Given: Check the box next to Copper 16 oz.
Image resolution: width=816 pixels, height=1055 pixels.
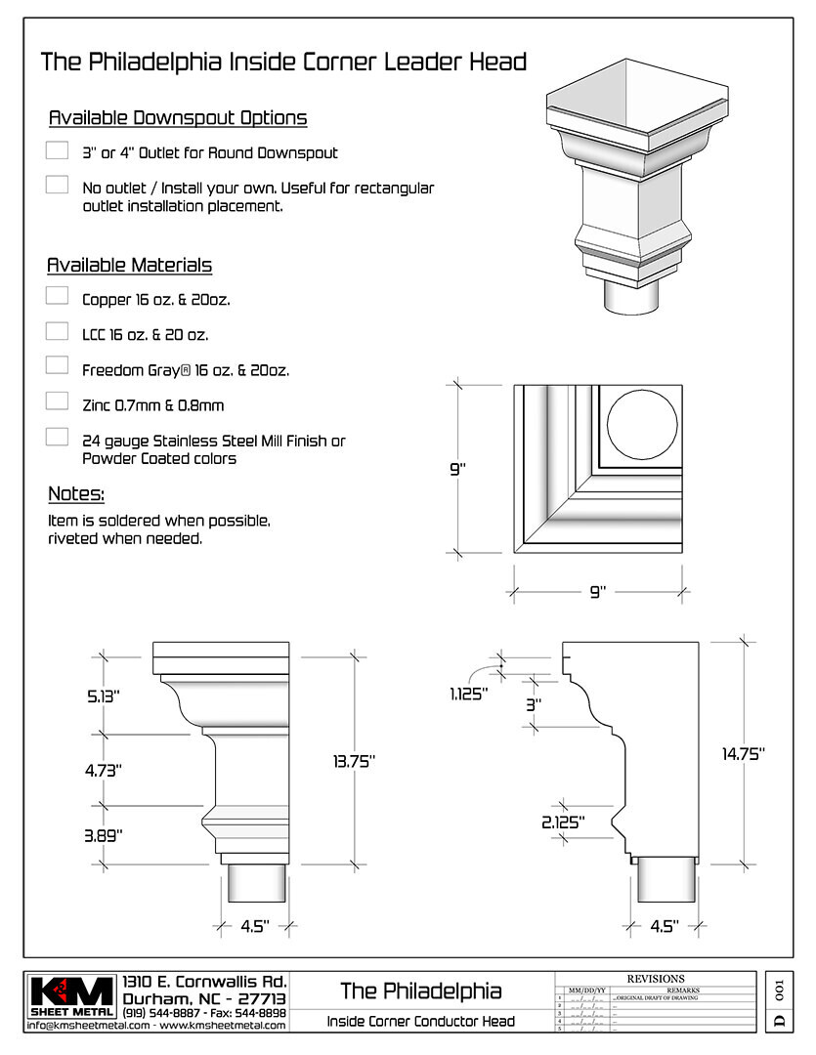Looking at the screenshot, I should (57, 295).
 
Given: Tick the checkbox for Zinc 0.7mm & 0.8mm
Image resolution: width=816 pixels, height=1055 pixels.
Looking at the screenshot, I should (57, 401).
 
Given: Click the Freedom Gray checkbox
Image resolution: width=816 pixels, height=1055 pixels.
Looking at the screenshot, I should (57, 365).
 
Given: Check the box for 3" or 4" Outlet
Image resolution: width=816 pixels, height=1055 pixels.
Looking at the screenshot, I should (57, 149).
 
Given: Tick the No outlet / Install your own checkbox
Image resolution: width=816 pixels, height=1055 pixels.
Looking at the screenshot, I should (57, 185).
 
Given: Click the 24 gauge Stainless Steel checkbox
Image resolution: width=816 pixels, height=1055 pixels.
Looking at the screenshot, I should (57, 437).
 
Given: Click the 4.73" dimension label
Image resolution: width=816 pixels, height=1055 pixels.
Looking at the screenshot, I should (103, 770).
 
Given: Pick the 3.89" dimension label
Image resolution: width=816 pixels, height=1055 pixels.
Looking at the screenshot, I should (103, 834).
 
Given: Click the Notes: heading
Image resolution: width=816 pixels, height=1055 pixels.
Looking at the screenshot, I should (76, 493).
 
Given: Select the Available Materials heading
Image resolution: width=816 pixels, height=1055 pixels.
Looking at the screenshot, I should (129, 266).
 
